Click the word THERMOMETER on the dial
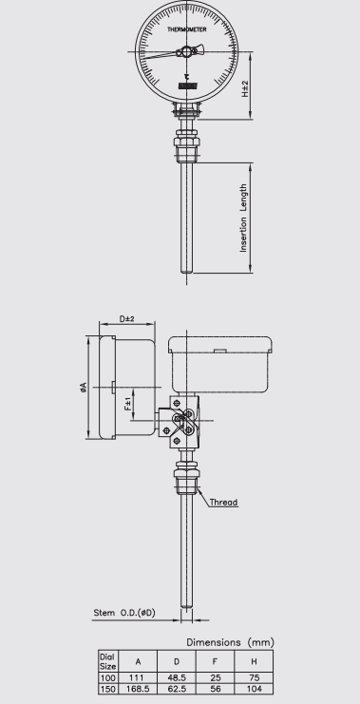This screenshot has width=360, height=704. click(x=187, y=29)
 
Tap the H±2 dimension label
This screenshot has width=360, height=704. click(x=245, y=89)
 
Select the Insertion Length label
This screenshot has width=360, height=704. click(x=243, y=218)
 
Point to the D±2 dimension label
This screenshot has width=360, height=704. click(x=127, y=319)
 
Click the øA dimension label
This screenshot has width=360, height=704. click(x=83, y=388)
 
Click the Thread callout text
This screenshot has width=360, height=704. click(x=223, y=502)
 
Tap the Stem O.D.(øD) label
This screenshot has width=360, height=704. click(x=124, y=613)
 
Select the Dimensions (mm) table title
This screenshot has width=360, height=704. click(x=230, y=642)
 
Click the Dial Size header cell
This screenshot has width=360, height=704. click(x=107, y=661)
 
